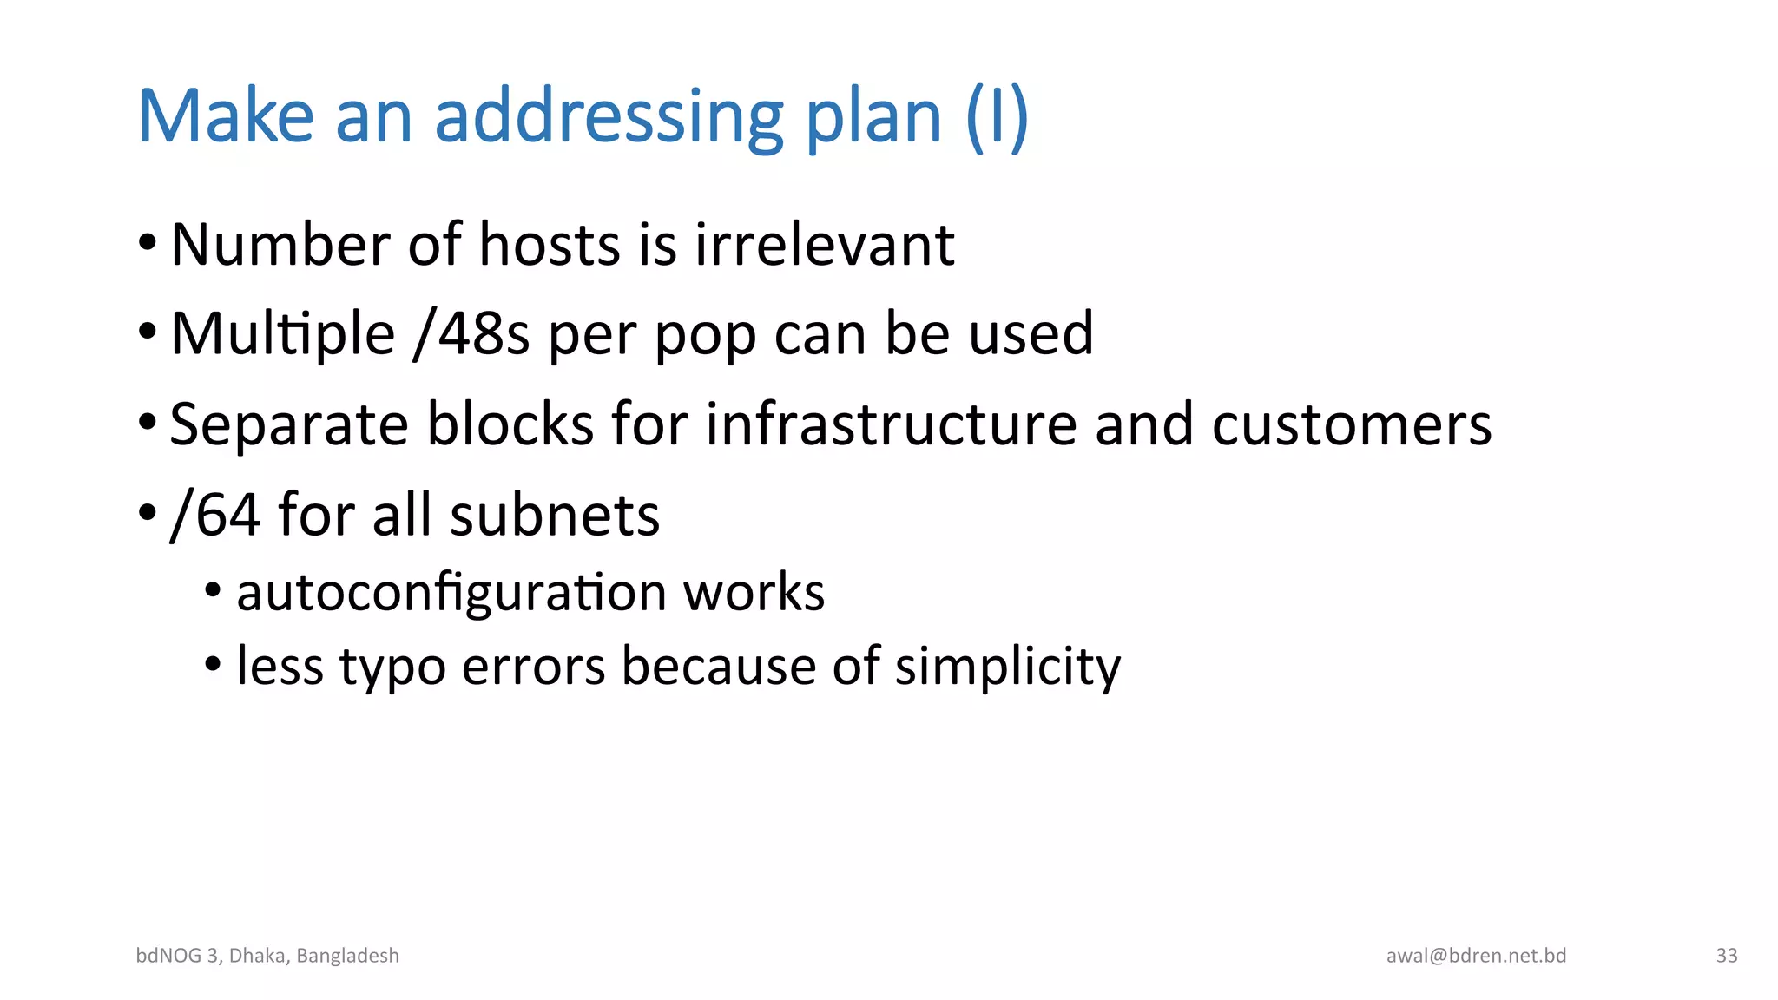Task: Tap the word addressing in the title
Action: point(609,118)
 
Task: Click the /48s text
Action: point(471,333)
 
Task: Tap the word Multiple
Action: point(283,335)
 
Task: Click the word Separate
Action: point(289,425)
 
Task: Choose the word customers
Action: point(1351,425)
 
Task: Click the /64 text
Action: point(214,515)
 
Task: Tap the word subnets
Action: point(555,515)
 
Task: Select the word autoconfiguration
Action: point(451,594)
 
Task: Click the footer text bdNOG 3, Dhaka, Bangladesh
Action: point(267,956)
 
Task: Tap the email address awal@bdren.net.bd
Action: point(1476,956)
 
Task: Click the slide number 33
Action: point(1727,956)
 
